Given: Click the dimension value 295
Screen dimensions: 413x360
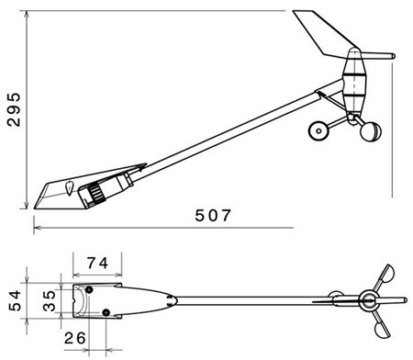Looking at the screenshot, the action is coord(14,109).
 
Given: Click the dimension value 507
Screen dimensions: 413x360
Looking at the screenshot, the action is coord(213,215).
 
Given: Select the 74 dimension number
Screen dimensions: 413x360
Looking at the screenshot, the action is coord(97,263).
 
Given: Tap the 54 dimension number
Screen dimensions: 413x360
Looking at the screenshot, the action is coord(15,300).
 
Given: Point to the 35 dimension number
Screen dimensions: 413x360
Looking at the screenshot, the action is coord(49,300).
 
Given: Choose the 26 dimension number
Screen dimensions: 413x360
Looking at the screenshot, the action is coord(75,338).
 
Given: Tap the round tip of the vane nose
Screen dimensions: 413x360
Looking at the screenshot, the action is coord(393,56).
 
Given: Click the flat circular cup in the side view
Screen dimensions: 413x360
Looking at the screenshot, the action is coord(318,130).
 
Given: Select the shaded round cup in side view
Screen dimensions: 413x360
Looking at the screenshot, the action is coord(371,131).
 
